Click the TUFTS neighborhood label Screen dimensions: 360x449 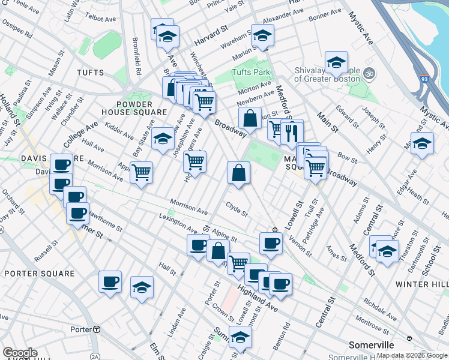pos(90,73)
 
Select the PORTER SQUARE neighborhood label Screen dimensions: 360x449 pos(39,274)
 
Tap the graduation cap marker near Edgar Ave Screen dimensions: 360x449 pos(422,143)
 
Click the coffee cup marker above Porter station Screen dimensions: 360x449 pos(110,282)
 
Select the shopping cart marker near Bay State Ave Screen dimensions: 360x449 pos(141,173)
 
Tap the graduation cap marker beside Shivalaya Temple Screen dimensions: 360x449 pos(336,62)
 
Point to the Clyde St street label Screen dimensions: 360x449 pos(237,212)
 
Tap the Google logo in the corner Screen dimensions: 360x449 pos(20,353)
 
